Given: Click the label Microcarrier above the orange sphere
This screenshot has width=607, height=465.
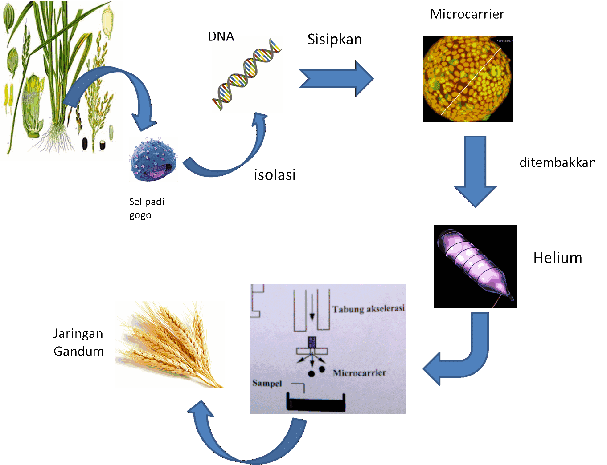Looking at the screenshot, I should (x=467, y=14).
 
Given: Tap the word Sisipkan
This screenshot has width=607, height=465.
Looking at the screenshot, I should (x=335, y=40).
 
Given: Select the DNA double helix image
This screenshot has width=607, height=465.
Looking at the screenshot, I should (x=247, y=75).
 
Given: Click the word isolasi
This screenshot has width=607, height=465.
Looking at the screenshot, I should (x=275, y=175).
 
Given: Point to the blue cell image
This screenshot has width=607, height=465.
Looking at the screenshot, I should (x=153, y=159).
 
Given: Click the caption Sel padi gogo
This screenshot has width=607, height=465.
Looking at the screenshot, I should (x=147, y=208).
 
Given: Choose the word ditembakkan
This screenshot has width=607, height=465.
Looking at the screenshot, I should (x=558, y=163).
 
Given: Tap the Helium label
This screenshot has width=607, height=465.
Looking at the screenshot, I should (x=558, y=258).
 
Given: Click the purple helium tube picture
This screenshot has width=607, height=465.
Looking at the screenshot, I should (x=475, y=266).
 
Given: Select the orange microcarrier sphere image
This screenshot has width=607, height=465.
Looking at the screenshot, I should (x=468, y=79).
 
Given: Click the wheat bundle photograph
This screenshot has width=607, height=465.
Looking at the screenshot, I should (x=170, y=344).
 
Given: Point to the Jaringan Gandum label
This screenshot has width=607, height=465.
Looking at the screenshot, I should (x=78, y=342).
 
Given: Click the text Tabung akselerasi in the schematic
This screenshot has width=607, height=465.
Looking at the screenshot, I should (x=368, y=309).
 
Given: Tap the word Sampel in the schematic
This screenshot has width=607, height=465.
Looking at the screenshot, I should (x=267, y=383).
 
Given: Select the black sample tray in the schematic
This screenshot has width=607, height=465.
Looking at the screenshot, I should (x=316, y=404).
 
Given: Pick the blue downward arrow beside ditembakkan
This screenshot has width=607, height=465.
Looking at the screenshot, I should (x=475, y=171).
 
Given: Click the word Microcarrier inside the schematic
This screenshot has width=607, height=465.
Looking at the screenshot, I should (x=359, y=373).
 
